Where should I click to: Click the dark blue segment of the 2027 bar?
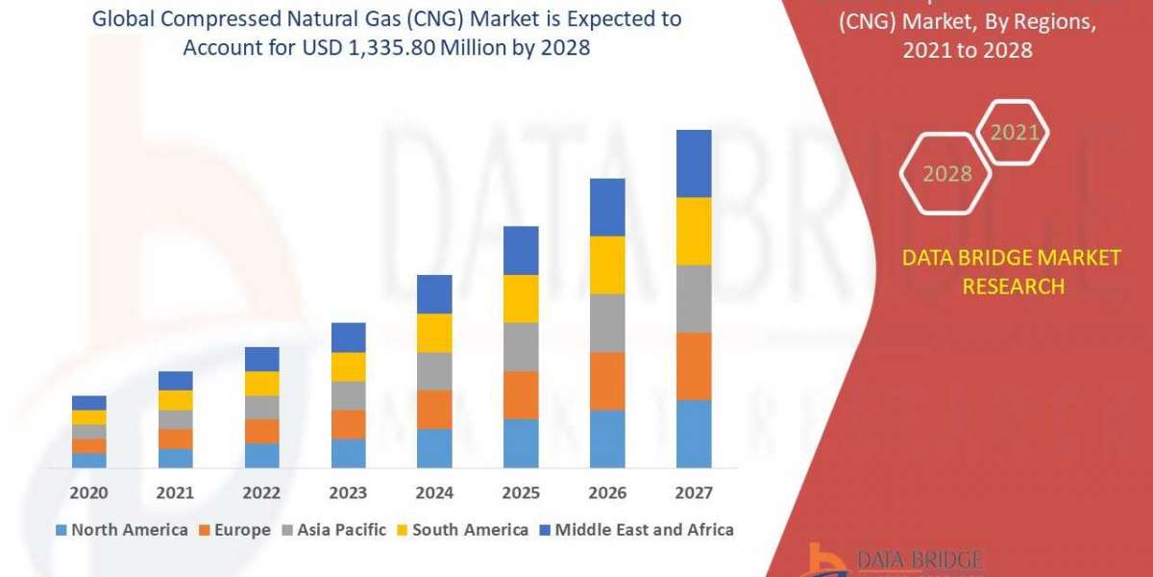[x=694, y=163]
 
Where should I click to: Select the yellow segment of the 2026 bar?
[x=607, y=264]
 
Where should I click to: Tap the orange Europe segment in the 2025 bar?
[x=521, y=394]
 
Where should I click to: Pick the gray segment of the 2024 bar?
[x=434, y=370]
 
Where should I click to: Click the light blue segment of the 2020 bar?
[x=88, y=460]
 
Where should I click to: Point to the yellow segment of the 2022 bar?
[x=261, y=383]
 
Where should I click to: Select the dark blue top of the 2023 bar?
[x=348, y=337]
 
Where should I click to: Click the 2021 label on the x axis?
[x=175, y=493]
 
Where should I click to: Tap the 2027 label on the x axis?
[x=694, y=493]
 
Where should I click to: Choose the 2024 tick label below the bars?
[x=434, y=493]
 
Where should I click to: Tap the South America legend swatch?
[x=403, y=530]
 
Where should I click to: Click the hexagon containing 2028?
[x=946, y=174]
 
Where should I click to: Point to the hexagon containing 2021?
[x=1014, y=133]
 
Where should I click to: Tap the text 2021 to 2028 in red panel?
[x=968, y=50]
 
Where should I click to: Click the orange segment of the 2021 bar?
[x=175, y=439]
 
